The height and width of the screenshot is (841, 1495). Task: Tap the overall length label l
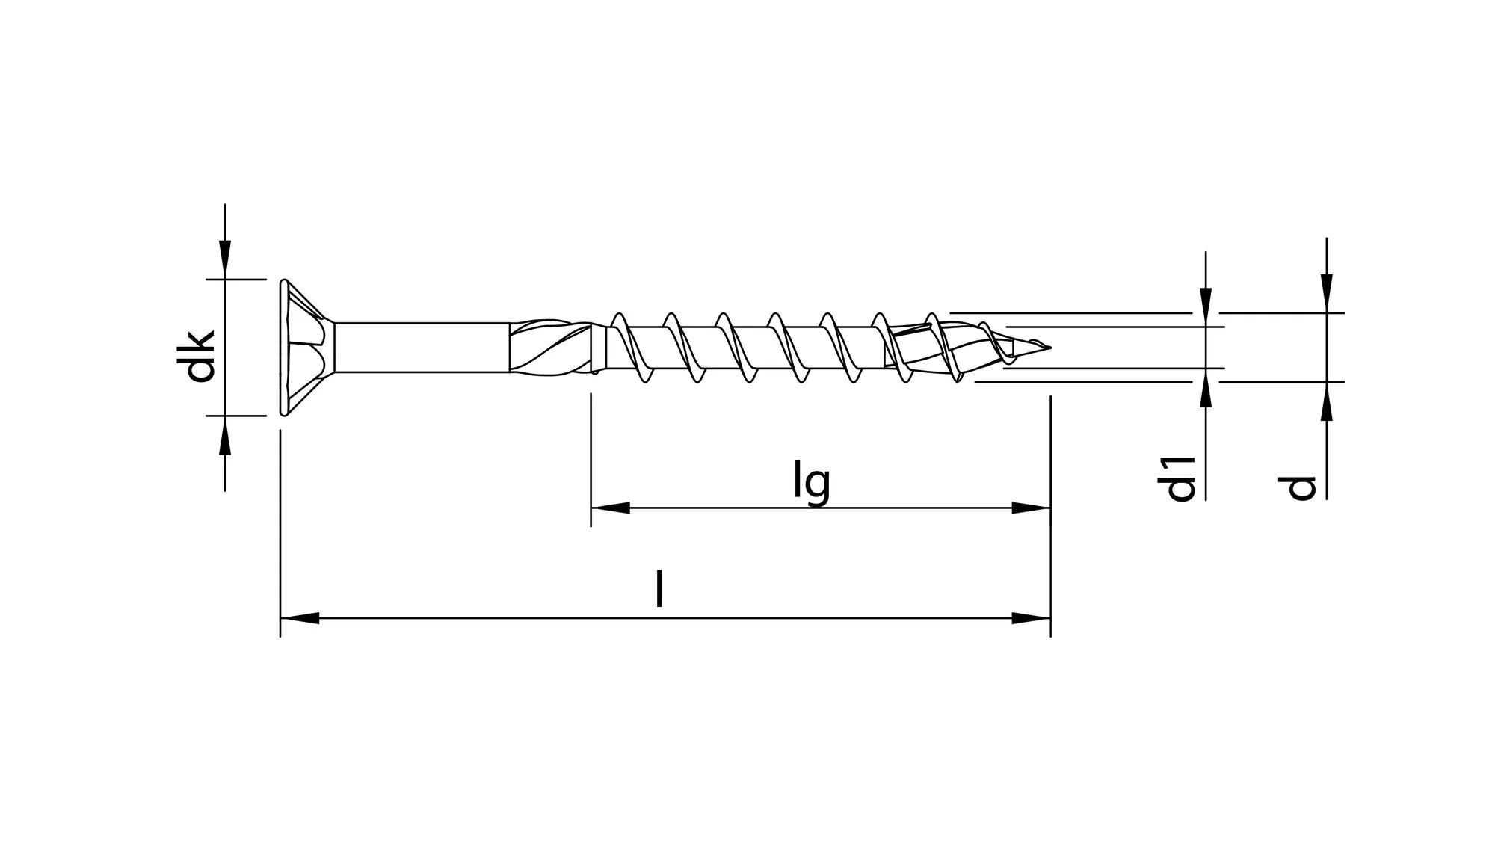pyautogui.click(x=659, y=589)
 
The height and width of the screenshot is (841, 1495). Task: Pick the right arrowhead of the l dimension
pyautogui.click(x=1031, y=618)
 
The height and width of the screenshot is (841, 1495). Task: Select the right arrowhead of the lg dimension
pyautogui.click(x=1031, y=508)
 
